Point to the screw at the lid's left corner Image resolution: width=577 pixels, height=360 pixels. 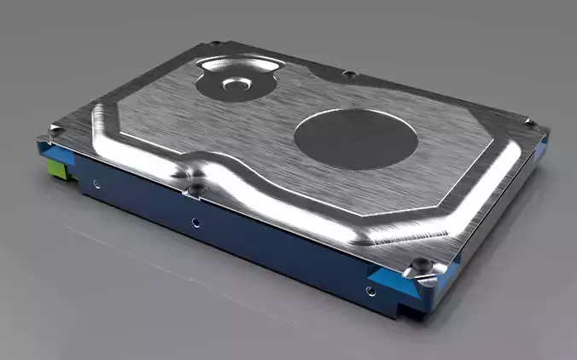(x=57, y=130)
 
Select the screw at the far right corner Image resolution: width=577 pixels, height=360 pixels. (x=535, y=125)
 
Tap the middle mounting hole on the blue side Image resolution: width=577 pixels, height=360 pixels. (x=195, y=223)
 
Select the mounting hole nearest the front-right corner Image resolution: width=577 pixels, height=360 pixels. (x=370, y=290)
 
